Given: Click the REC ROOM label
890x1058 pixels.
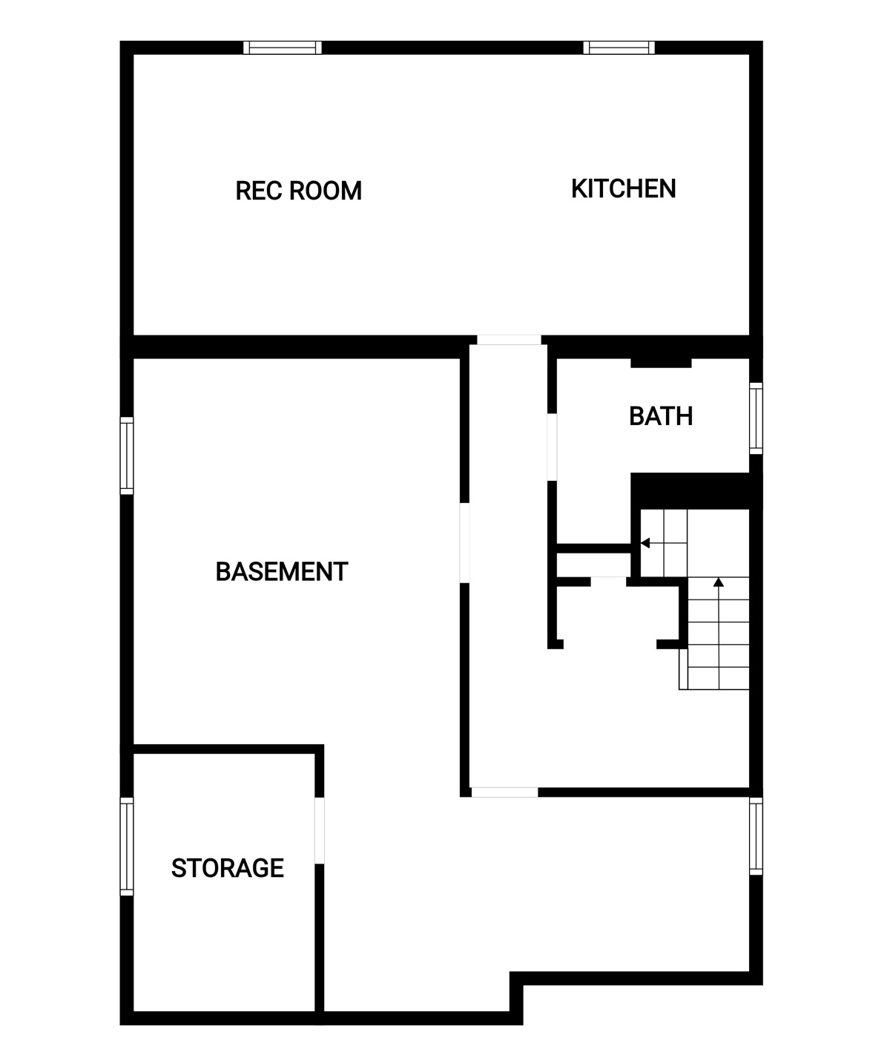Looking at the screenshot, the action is [x=298, y=191].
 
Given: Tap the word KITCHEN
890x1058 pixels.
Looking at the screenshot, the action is [x=624, y=188].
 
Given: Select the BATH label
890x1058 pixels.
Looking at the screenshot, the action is [x=661, y=416].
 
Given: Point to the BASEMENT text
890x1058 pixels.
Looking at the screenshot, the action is [x=282, y=571].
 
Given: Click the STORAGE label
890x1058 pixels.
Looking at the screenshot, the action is [x=228, y=868].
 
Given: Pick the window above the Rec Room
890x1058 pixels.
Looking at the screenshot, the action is [x=282, y=47].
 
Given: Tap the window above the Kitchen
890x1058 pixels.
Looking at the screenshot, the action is [x=619, y=47].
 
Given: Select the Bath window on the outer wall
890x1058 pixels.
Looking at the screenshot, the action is [x=756, y=418].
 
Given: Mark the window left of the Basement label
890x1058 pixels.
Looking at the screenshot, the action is [x=127, y=456].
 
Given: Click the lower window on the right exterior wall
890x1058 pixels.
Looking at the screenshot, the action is [x=756, y=837].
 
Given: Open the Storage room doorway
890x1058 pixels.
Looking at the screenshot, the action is [x=319, y=830].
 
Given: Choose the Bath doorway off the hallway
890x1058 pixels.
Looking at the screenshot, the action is [x=552, y=447].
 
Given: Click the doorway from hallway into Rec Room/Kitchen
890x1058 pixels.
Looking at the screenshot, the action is [x=509, y=340].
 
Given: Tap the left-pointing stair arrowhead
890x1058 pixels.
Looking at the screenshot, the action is [x=645, y=543].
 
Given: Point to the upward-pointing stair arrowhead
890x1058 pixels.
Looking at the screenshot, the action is [x=718, y=582].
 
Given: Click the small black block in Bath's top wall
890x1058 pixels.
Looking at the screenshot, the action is [x=661, y=363].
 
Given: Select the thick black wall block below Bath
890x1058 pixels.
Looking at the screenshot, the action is [x=696, y=491].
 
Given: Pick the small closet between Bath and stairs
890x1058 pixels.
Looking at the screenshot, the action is [x=593, y=565].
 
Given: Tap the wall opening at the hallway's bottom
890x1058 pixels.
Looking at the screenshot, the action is [x=504, y=792].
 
